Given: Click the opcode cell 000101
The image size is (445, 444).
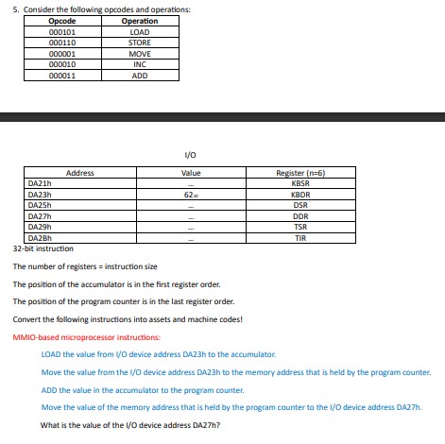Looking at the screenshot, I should (61, 32).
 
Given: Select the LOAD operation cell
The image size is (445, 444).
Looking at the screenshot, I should (140, 32).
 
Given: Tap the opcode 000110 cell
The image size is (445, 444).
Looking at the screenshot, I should (61, 43).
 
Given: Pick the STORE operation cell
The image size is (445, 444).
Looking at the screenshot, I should (140, 43).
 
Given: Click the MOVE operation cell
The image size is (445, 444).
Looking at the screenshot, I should (140, 54).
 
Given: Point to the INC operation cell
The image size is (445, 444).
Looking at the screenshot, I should (140, 64).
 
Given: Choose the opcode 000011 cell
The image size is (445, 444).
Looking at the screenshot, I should (61, 76).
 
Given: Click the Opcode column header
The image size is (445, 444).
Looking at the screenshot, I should (61, 21).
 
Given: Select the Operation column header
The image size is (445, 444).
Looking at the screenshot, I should (140, 21).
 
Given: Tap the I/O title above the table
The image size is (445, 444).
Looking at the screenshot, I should (191, 155).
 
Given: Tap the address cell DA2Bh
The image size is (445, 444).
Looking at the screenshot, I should (40, 239).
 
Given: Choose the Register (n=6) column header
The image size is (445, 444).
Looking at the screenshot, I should (300, 173).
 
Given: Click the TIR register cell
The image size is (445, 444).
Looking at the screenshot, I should (300, 239).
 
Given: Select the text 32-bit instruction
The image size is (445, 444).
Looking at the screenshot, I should (43, 249).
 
